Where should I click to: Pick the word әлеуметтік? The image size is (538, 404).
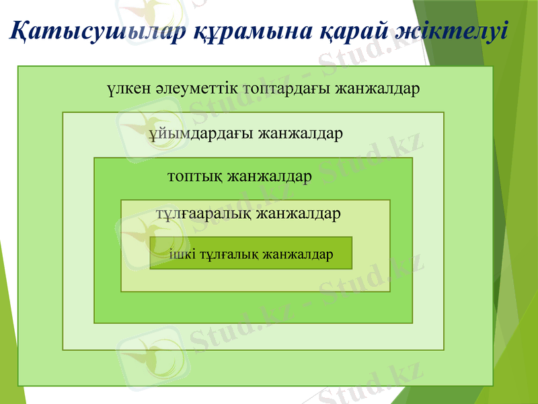click(195, 88)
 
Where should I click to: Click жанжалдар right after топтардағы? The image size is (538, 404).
click(378, 88)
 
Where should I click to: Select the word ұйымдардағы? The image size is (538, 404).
click(200, 133)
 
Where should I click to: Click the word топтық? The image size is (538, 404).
click(194, 177)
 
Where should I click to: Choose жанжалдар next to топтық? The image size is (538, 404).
click(270, 177)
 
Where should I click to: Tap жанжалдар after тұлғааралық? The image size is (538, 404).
click(299, 213)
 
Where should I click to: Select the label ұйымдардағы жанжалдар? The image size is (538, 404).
click(246, 133)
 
